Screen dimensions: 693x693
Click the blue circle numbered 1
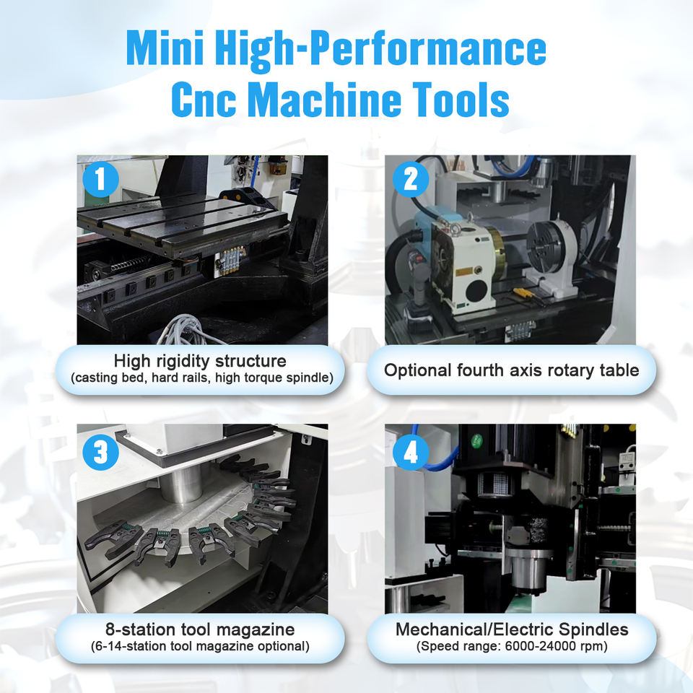tap(101, 180)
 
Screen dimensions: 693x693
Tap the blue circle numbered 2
tap(411, 180)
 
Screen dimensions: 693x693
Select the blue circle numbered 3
tap(101, 452)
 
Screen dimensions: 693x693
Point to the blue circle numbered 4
tap(411, 452)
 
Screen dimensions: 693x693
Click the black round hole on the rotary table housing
tap(477, 291)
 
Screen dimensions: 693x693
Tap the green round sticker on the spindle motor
tap(476, 440)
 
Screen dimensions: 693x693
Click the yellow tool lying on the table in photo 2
tap(527, 295)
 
